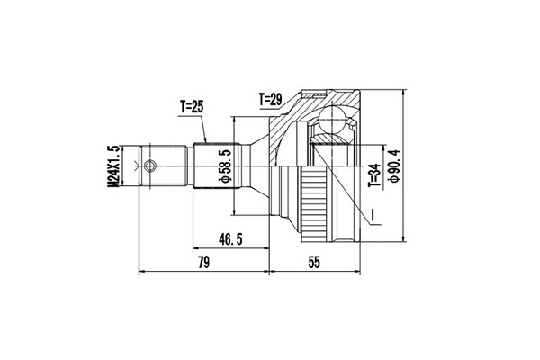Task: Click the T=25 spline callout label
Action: coord(192,107)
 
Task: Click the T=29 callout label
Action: coord(271,100)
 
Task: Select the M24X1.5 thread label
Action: coord(113,166)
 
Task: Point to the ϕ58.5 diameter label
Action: coord(226,166)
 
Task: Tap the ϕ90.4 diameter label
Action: coord(393,166)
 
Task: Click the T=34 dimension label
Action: coord(374,175)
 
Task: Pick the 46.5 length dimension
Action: coord(230,239)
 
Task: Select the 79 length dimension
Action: coord(204,263)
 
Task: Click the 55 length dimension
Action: coord(314,263)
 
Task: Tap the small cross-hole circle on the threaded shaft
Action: coord(149,166)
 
